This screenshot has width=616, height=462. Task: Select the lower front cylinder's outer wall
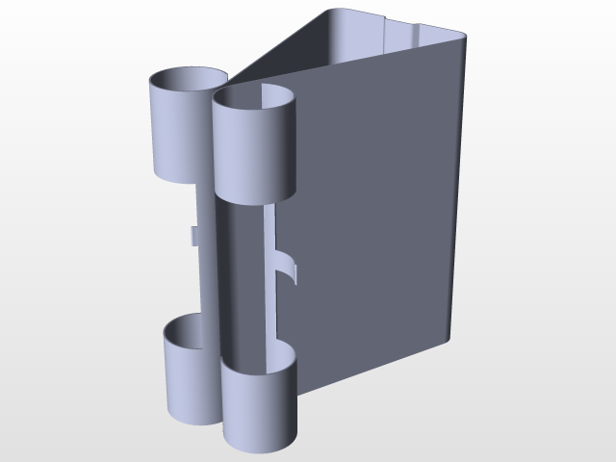[x=258, y=409]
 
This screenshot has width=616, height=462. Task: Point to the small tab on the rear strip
[x=192, y=236]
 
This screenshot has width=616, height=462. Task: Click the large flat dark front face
[x=375, y=221]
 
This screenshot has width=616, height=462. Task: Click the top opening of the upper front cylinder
[x=253, y=98]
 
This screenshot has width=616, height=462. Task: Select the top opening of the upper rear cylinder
[x=186, y=78]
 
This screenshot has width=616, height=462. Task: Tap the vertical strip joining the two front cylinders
[x=241, y=279]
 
